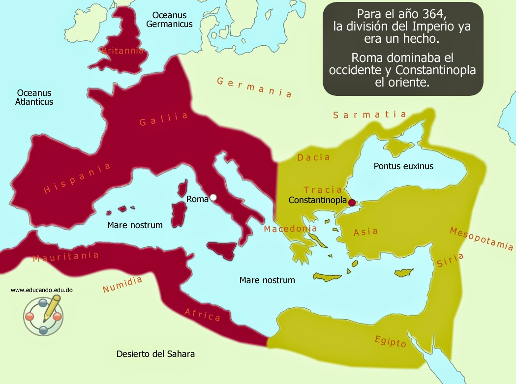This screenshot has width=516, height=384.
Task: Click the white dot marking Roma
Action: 213,198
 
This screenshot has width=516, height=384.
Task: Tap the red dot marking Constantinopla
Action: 352,203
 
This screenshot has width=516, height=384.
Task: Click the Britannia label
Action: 122,51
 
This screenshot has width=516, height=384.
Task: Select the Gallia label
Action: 164,119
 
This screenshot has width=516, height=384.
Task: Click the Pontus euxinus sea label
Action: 403,166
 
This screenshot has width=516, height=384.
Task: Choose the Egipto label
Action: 391,340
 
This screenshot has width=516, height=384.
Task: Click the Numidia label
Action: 122,285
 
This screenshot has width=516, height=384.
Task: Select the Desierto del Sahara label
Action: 155,354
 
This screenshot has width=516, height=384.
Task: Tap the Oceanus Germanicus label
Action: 169,20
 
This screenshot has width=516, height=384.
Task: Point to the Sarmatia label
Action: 369,115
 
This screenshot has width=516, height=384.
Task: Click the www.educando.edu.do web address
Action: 42,290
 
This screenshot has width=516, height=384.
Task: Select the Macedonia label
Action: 290,229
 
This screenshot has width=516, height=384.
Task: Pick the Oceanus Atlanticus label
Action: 34,97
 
